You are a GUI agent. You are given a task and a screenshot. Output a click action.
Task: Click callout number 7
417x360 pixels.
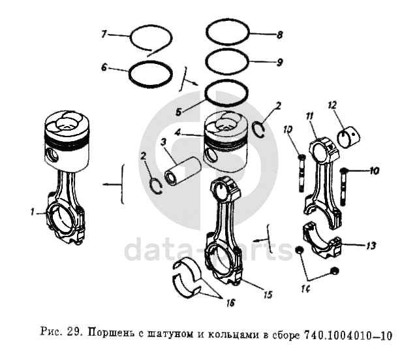click(x=103, y=33)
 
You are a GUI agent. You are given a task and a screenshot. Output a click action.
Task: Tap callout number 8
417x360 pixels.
click(x=279, y=33)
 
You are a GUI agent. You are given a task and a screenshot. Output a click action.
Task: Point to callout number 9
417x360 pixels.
click(x=279, y=63)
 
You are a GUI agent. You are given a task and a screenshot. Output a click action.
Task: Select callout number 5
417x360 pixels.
click(x=179, y=111)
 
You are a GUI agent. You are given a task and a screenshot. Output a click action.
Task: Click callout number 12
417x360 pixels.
click(x=332, y=104)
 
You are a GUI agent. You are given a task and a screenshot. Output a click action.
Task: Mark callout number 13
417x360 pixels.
click(x=371, y=246)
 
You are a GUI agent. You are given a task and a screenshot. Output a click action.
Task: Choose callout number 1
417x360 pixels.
click(x=31, y=211)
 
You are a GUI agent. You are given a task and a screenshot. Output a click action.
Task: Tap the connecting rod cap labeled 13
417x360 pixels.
click(x=325, y=241)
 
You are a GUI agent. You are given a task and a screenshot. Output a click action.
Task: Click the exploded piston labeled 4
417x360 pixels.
click(x=225, y=140)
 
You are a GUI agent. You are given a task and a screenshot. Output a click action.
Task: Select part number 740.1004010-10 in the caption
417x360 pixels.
click(x=347, y=336)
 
